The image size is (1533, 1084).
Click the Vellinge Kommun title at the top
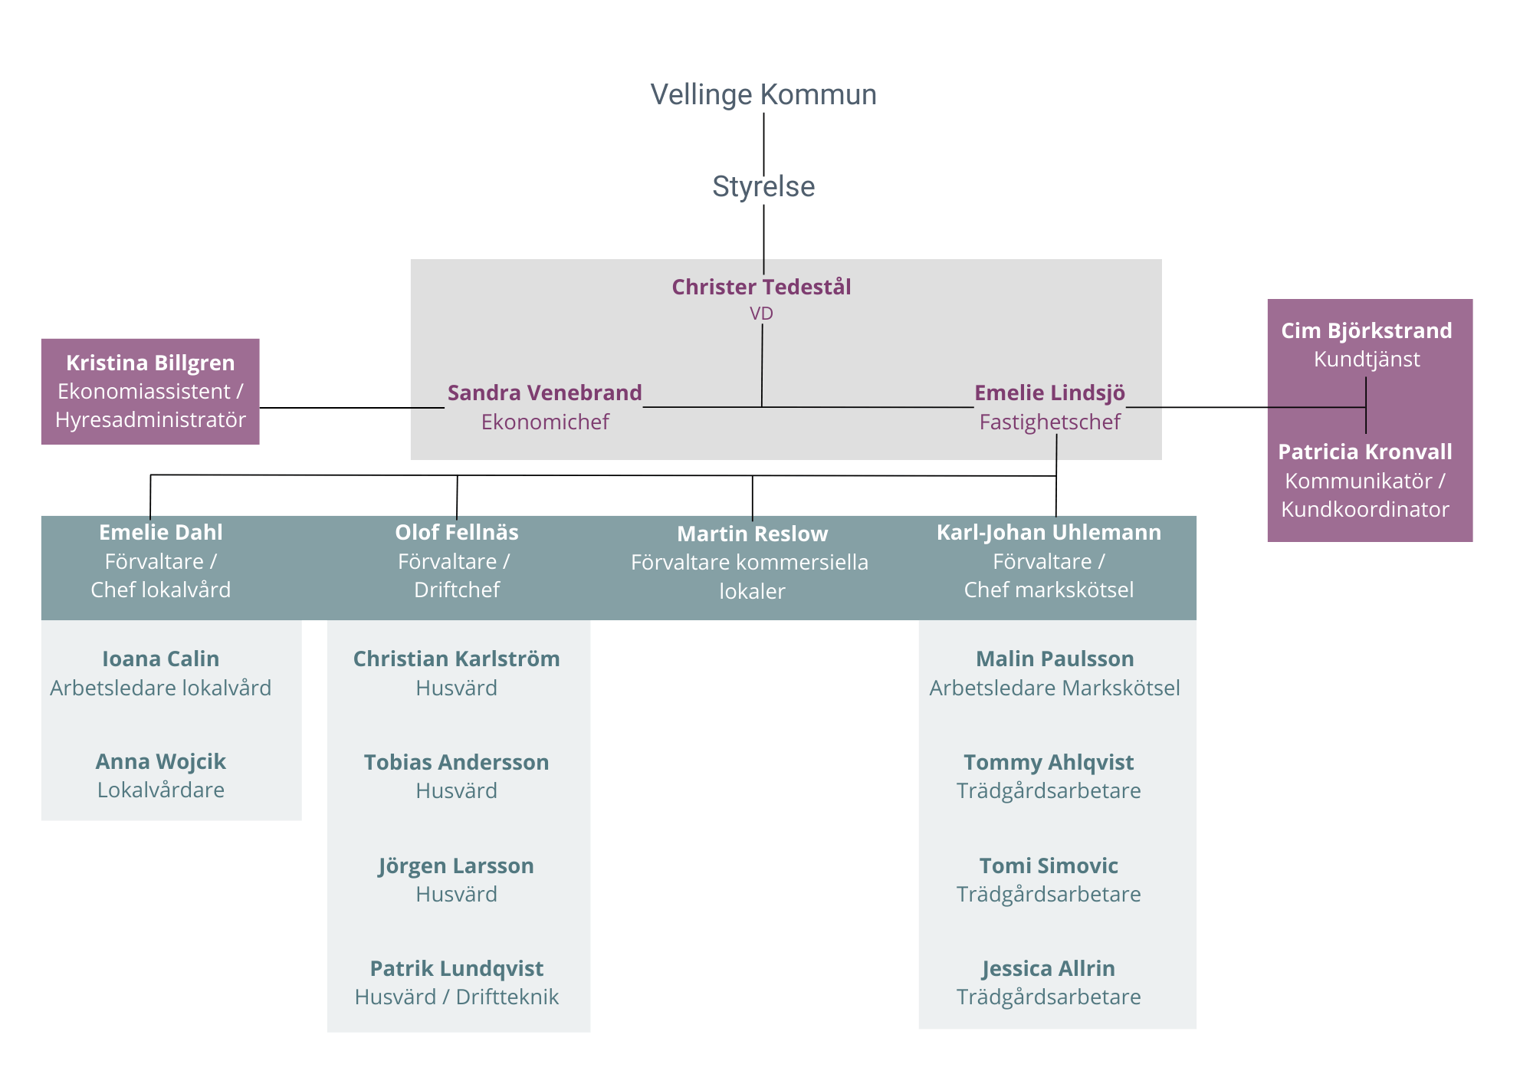(763, 94)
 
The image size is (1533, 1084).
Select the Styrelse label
(763, 186)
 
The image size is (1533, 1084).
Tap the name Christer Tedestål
(761, 287)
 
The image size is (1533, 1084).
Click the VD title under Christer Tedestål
(761, 314)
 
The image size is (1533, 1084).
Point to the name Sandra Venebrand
(544, 393)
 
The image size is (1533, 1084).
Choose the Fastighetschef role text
(1049, 422)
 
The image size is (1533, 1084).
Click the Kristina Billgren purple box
(150, 391)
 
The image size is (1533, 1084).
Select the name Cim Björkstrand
(1366, 330)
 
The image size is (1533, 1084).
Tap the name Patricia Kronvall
(1364, 452)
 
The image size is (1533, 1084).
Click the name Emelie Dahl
(160, 532)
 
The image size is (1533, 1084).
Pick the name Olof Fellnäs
(456, 532)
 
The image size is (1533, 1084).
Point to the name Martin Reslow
(752, 534)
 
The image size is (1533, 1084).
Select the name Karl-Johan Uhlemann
(1049, 532)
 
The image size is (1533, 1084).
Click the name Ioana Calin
(160, 659)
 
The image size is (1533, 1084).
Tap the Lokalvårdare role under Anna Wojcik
(160, 790)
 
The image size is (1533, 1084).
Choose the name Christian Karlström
(456, 659)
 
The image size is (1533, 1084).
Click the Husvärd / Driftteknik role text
(456, 997)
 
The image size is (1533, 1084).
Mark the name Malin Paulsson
(1054, 659)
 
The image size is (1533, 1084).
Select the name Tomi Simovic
(1048, 866)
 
